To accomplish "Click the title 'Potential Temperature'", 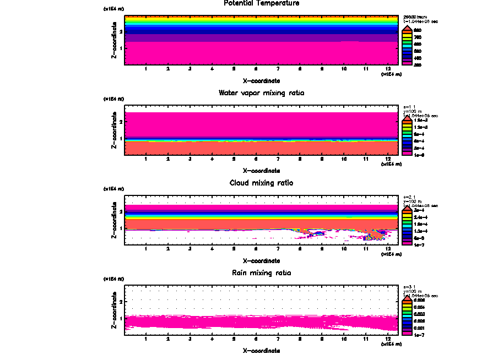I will tap(261, 3).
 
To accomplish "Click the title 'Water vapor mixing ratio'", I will tap(261, 92).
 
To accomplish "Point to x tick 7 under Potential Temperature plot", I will tap(278, 69).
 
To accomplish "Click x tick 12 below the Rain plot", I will tap(388, 339).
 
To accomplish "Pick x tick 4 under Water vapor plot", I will tap(212, 159).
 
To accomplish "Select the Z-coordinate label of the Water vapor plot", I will tap(113, 130).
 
